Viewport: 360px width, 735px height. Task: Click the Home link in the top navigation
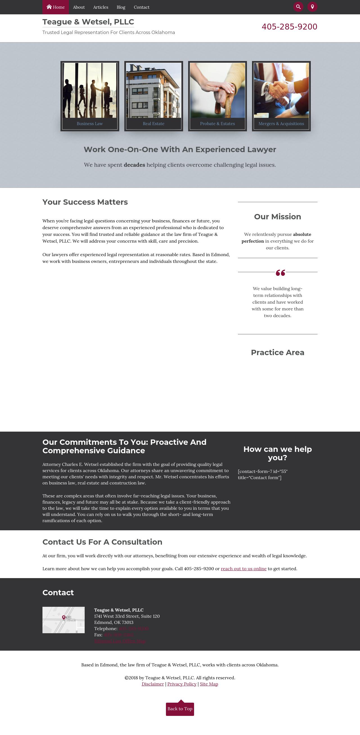pos(56,7)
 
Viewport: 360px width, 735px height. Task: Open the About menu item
pos(79,7)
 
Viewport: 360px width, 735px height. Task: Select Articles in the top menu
pos(100,7)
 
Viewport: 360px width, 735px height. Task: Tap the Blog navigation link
pos(121,7)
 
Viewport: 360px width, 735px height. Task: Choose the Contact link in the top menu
pos(141,7)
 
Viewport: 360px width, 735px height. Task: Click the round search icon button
pos(298,7)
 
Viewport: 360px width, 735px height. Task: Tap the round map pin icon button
pos(312,7)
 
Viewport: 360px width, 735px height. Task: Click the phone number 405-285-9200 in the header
pos(289,27)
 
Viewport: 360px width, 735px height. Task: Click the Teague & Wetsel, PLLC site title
pos(88,22)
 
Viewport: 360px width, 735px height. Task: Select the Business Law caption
pos(90,123)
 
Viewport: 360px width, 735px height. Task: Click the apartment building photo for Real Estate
pos(154,90)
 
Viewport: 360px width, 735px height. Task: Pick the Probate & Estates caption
pos(217,123)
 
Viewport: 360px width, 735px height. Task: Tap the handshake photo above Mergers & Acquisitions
pos(281,90)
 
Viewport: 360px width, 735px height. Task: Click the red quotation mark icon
pos(280,273)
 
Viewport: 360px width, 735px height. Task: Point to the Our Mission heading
pos(278,217)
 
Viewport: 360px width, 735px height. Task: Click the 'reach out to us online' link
pos(244,569)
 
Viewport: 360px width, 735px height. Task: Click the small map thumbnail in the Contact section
pos(63,620)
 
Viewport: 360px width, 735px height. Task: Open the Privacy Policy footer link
pos(182,684)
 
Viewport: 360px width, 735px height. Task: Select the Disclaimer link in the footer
pos(153,684)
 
